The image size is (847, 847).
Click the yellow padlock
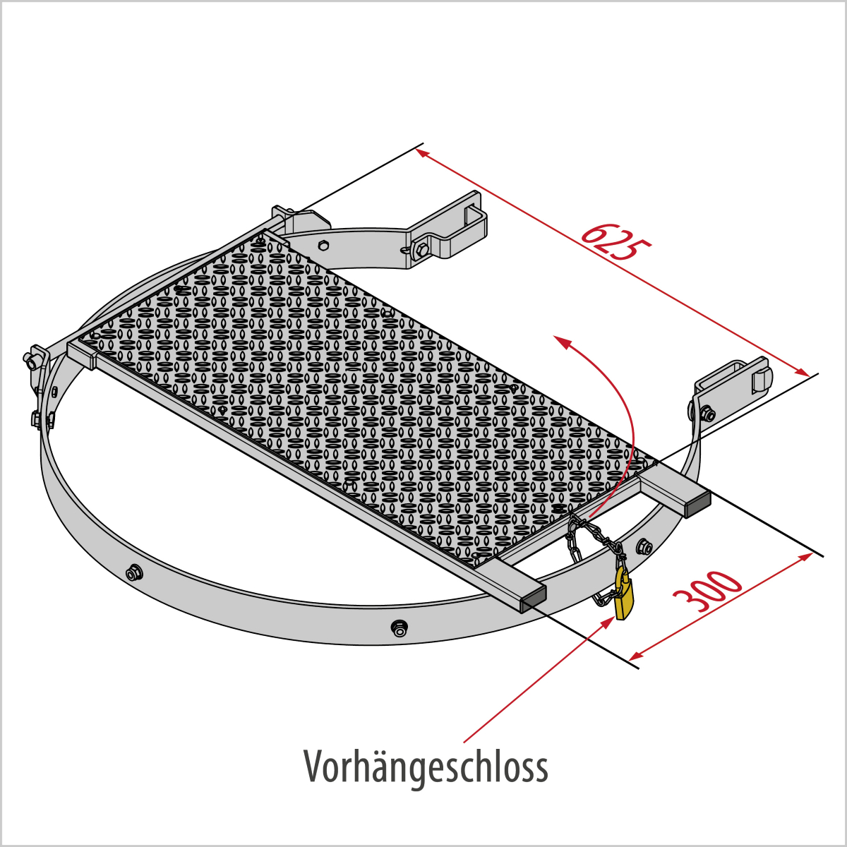[x=625, y=594]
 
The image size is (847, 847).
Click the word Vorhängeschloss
[x=426, y=768]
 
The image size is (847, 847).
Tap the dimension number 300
[x=707, y=591]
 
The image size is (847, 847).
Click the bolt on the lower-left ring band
[x=133, y=572]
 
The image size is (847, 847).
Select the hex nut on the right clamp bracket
[x=707, y=413]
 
